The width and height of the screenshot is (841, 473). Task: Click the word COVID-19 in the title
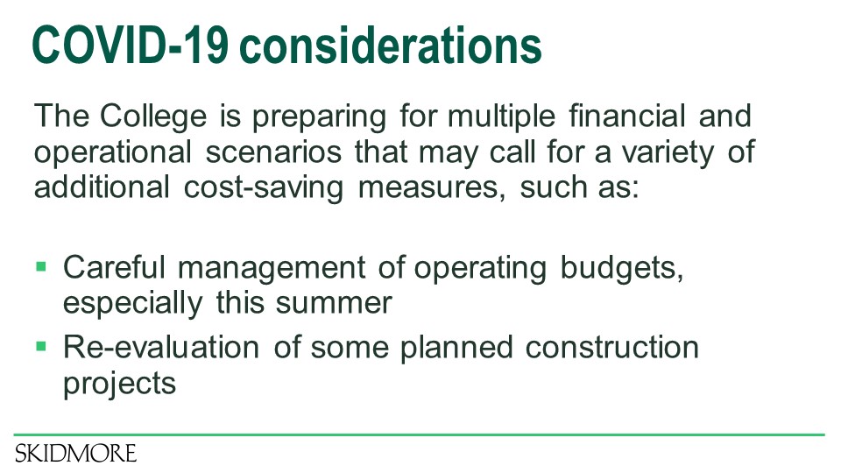click(130, 45)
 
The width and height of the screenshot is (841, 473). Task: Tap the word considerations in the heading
click(391, 45)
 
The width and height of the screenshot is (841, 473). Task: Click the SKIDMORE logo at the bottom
click(75, 454)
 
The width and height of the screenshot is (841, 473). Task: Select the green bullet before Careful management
click(41, 266)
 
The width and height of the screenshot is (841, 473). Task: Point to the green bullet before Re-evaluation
click(41, 347)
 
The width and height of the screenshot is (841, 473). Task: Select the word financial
click(627, 116)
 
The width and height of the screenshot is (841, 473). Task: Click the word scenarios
click(273, 152)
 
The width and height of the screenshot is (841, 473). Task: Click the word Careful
click(114, 267)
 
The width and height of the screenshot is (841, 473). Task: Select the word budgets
click(622, 268)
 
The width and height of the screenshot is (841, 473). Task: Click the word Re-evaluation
click(161, 348)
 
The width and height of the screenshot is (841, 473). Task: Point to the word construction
click(612, 348)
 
